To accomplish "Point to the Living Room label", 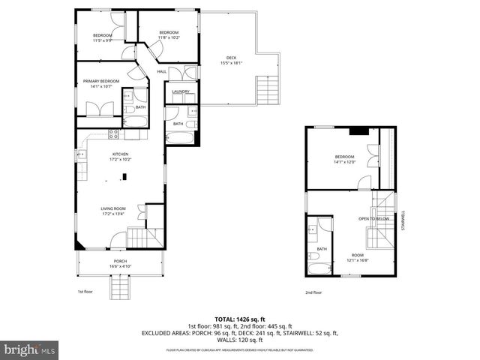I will coord(113,211).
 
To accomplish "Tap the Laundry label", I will coord(180,92).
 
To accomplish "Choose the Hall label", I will coord(161,72).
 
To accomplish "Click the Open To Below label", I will coord(372,219).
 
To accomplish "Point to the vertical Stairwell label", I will coord(403,220).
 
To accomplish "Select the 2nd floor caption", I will coord(313,292).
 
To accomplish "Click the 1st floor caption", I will coord(85,291).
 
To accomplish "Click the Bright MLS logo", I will coord(30,349).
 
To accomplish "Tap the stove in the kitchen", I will coord(114,135).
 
